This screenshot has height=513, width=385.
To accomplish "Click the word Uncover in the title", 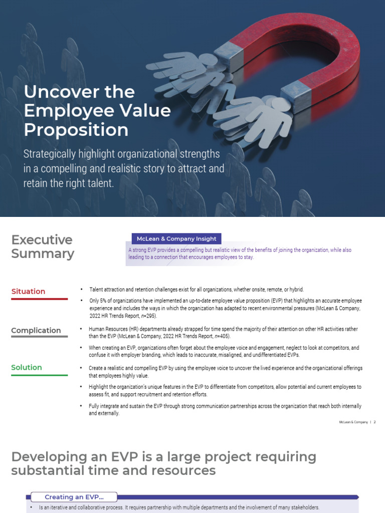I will pyautogui.click(x=55, y=92).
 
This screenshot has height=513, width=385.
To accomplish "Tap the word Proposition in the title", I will pyautogui.click(x=76, y=130).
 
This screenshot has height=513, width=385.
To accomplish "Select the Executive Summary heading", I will pyautogui.click(x=42, y=246).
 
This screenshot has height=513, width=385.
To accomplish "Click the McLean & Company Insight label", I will pyautogui.click(x=174, y=239).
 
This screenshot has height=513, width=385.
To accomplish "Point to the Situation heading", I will pyautogui.click(x=28, y=292).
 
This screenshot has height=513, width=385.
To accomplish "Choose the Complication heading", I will pyautogui.click(x=36, y=331).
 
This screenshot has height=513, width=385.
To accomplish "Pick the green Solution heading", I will pyautogui.click(x=27, y=368).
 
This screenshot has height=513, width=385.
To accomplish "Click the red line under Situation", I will pyautogui.click(x=39, y=299).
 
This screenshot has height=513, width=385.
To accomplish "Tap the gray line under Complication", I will pyautogui.click(x=39, y=337).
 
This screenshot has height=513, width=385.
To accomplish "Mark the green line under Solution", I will pyautogui.click(x=39, y=375).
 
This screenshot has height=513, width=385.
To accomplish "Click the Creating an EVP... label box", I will pyautogui.click(x=74, y=497).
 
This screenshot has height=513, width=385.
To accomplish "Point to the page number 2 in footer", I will pyautogui.click(x=374, y=422).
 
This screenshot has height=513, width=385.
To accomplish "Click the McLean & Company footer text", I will pyautogui.click(x=353, y=422).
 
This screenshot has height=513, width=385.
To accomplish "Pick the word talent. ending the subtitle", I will pyautogui.click(x=102, y=183).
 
